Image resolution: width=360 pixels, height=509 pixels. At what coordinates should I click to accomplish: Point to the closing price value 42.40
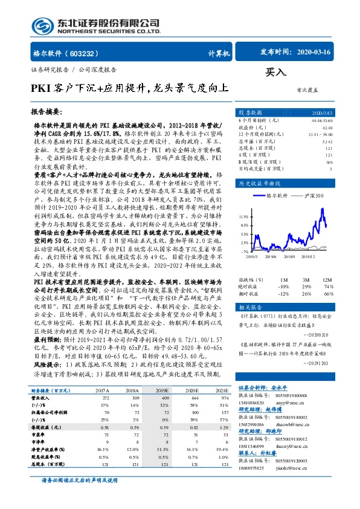pos(327,128)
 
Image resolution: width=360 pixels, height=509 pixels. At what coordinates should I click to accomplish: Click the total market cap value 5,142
pos(327,141)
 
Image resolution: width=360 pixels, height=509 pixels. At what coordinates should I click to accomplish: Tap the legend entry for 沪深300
pos(312,196)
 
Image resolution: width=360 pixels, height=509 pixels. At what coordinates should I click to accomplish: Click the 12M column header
pos(327,280)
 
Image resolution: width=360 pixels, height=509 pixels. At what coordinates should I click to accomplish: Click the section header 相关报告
pos(249,306)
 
